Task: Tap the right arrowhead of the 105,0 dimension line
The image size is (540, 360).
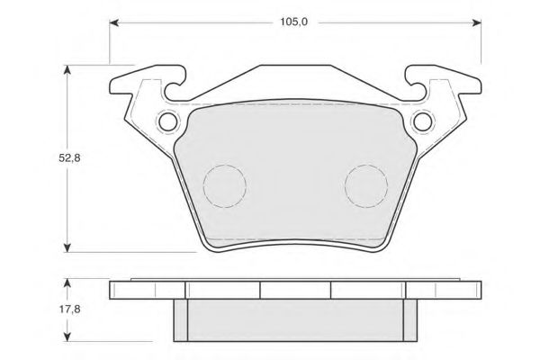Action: pos(474,22)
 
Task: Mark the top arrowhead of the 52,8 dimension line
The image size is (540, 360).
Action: pos(68,70)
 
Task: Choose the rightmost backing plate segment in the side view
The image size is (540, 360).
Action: pos(442,289)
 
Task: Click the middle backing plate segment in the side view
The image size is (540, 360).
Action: pos(295,289)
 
